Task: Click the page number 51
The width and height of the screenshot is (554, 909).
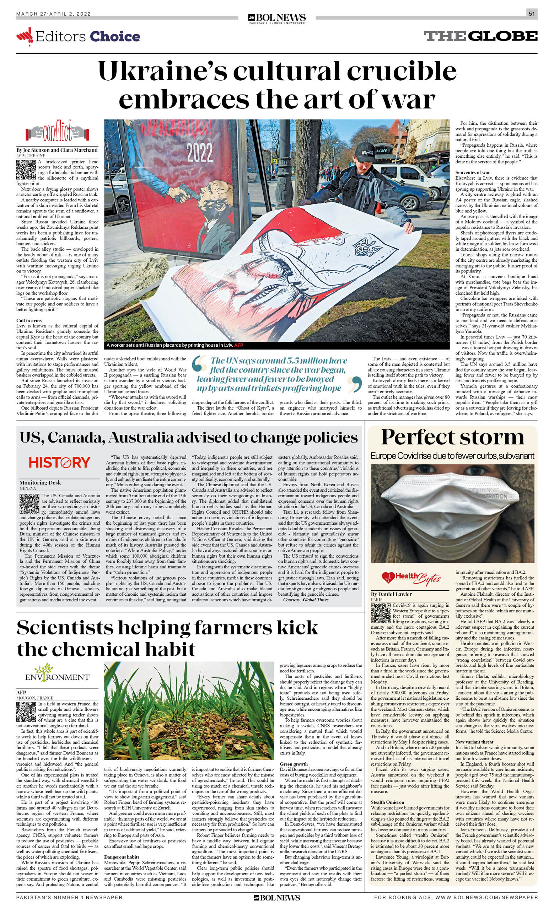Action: [x=532, y=14]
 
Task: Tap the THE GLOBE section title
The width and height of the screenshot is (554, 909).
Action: [x=480, y=36]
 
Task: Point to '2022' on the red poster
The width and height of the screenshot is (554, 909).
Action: [x=199, y=152]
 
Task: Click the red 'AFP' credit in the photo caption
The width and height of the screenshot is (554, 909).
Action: [x=238, y=345]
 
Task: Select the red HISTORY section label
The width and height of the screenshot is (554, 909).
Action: [x=59, y=462]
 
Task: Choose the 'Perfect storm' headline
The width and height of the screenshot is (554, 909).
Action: [x=452, y=437]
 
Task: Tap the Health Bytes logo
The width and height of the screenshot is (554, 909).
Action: [x=411, y=578]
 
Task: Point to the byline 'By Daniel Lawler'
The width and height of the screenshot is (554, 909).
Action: [x=391, y=594]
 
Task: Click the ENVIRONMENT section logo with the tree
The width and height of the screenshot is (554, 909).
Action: [x=57, y=673]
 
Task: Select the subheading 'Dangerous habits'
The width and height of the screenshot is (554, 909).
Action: [x=122, y=857]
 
